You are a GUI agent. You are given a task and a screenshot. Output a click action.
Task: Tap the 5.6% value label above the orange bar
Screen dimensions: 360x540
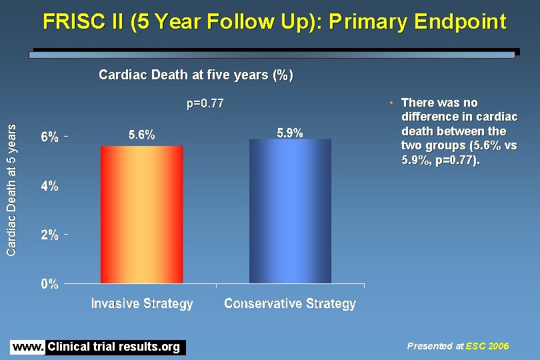(141, 135)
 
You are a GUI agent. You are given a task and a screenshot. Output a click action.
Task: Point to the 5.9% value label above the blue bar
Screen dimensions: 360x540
(290, 133)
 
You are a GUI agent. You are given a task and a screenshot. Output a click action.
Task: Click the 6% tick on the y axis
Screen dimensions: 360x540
(50, 137)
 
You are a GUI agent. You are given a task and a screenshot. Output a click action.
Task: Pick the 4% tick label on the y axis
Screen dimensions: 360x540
(50, 187)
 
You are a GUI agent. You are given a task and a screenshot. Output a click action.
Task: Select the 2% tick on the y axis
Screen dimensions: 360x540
(50, 235)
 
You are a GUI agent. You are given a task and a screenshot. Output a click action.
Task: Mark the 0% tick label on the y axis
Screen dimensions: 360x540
(50, 284)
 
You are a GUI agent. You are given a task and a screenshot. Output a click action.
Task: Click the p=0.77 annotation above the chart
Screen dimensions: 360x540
(205, 104)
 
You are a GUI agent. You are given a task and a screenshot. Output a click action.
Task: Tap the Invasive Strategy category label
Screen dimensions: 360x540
(142, 304)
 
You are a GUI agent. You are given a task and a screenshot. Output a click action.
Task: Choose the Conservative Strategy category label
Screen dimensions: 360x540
(290, 304)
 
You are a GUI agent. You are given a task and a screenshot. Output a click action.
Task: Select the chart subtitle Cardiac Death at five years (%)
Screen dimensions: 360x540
(195, 75)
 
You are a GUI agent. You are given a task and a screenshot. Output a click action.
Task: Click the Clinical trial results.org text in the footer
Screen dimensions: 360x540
(114, 347)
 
